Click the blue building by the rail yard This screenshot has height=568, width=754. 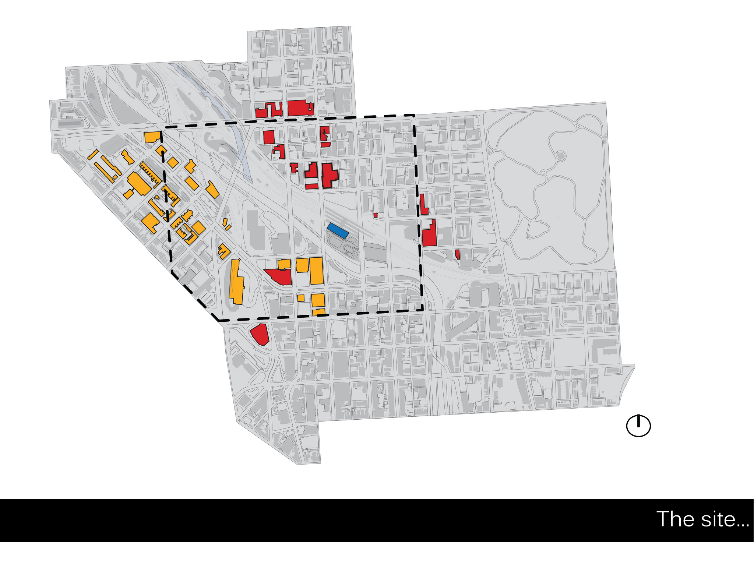tap(338, 230)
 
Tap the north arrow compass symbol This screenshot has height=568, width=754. tap(638, 426)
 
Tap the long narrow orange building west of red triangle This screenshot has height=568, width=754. tap(236, 282)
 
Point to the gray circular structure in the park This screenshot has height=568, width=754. tap(561, 156)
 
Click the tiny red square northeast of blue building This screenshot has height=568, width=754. tap(375, 215)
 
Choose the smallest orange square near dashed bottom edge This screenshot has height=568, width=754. tap(301, 298)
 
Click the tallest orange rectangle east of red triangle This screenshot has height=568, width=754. tap(316, 271)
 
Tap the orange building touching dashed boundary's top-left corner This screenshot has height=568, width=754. tap(153, 137)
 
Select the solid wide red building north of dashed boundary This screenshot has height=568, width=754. tap(300, 108)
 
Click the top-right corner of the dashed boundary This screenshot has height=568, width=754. tap(414, 116)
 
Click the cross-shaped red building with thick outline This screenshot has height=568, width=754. tap(329, 175)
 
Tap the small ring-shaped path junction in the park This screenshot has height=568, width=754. tap(543, 173)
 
